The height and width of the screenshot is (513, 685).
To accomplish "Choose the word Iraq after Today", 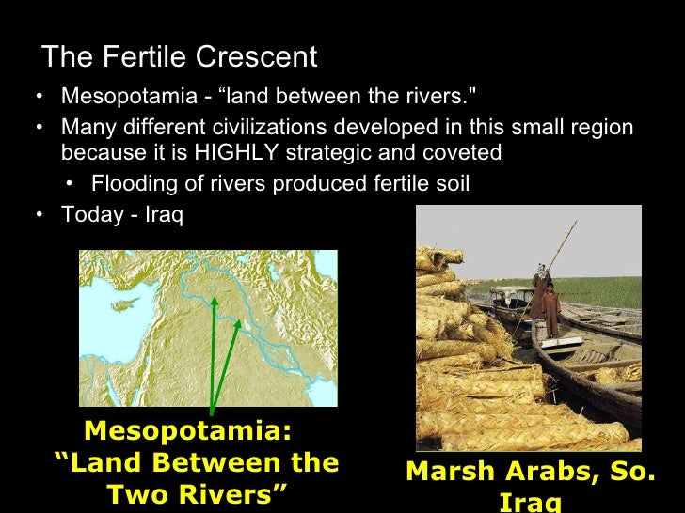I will point(164,214).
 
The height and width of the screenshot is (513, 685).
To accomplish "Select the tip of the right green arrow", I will point(241,320).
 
